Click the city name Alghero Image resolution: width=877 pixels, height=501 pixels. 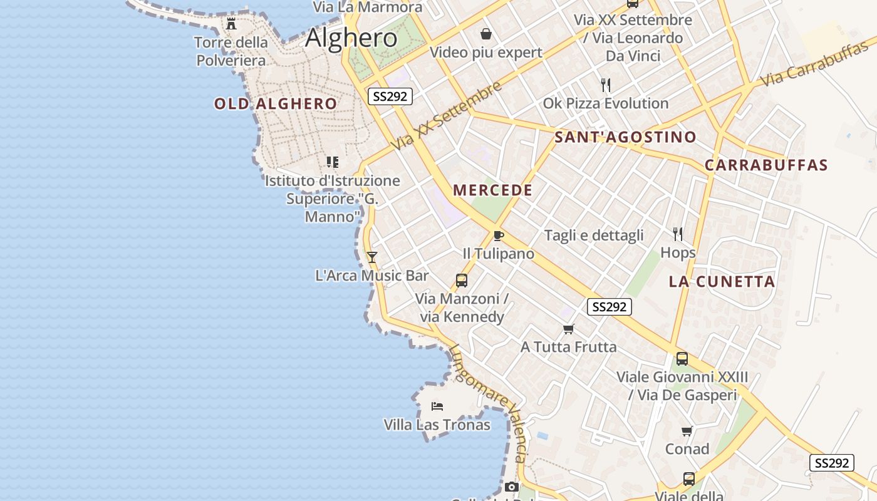tap(351, 38)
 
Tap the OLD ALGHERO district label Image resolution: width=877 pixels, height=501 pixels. tap(276, 104)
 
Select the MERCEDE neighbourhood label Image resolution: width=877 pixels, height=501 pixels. tap(492, 190)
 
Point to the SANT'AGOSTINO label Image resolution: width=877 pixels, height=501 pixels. tap(625, 137)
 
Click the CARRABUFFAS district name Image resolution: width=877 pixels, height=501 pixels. tap(766, 165)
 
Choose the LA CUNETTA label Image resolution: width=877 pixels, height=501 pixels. tap(722, 282)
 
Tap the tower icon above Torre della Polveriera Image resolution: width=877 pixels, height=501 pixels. tap(231, 24)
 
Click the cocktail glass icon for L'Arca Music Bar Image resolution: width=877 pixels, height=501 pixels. tap(372, 257)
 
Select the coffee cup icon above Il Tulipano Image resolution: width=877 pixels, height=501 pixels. tap(498, 235)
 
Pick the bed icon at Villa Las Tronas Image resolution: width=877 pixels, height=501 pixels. tap(437, 406)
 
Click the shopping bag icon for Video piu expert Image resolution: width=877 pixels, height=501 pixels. tap(486, 34)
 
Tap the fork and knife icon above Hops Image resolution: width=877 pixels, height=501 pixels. tap(678, 234)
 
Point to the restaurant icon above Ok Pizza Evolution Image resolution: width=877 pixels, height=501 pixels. tap(605, 85)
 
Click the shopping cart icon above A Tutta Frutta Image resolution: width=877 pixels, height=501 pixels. tap(569, 329)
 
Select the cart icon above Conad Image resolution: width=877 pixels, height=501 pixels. tap(687, 431)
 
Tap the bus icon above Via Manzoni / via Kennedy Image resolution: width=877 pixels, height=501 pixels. tap(462, 281)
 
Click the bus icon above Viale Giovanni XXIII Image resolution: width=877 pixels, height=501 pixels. tap(682, 359)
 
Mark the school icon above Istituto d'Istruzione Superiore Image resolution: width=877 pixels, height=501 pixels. tap(333, 162)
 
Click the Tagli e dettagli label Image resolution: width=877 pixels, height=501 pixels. tap(594, 235)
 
